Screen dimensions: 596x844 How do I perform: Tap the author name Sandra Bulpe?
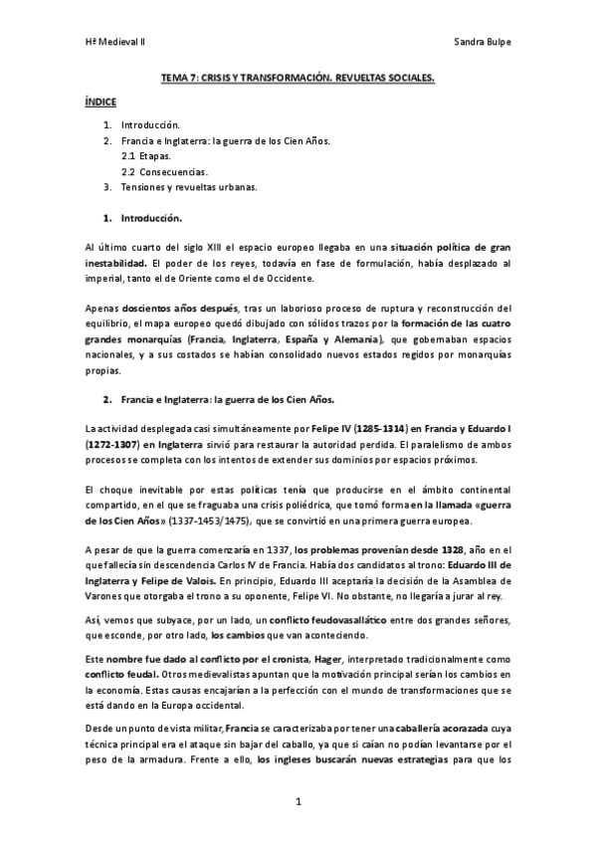point(481,42)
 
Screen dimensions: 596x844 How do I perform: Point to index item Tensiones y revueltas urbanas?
point(188,186)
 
